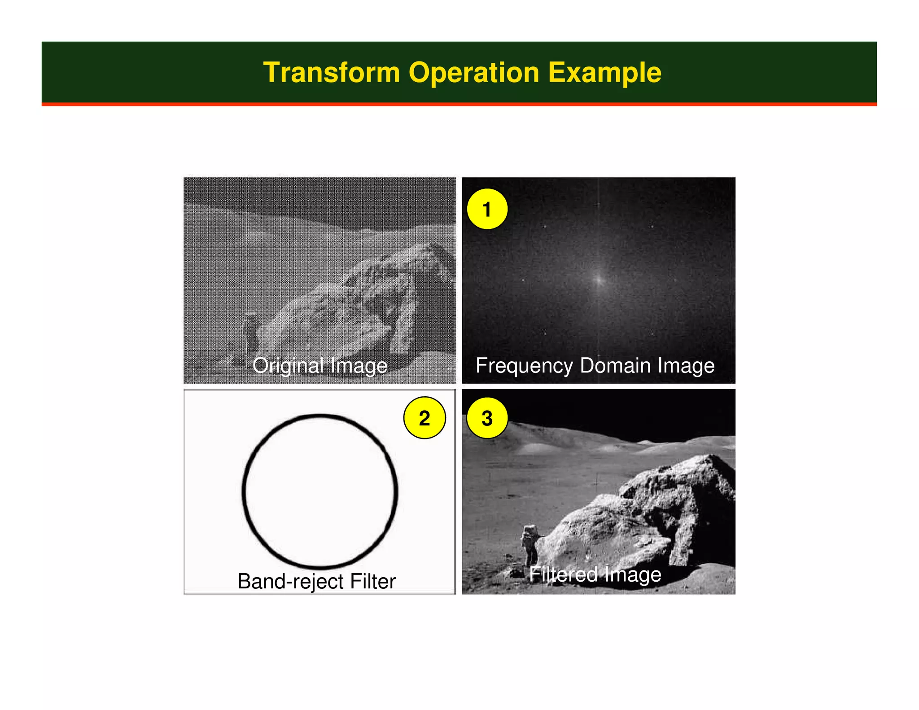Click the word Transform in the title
[x=331, y=73]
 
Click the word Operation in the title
[x=474, y=73]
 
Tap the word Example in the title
[x=604, y=73]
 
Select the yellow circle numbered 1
[x=487, y=209]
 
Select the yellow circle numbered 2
[x=424, y=418]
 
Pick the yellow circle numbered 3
[x=487, y=418]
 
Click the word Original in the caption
[x=288, y=365]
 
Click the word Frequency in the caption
[x=524, y=365]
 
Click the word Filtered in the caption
[x=563, y=574]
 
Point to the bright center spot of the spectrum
[x=598, y=280]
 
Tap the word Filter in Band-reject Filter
[x=373, y=581]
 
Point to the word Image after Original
[x=359, y=365]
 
